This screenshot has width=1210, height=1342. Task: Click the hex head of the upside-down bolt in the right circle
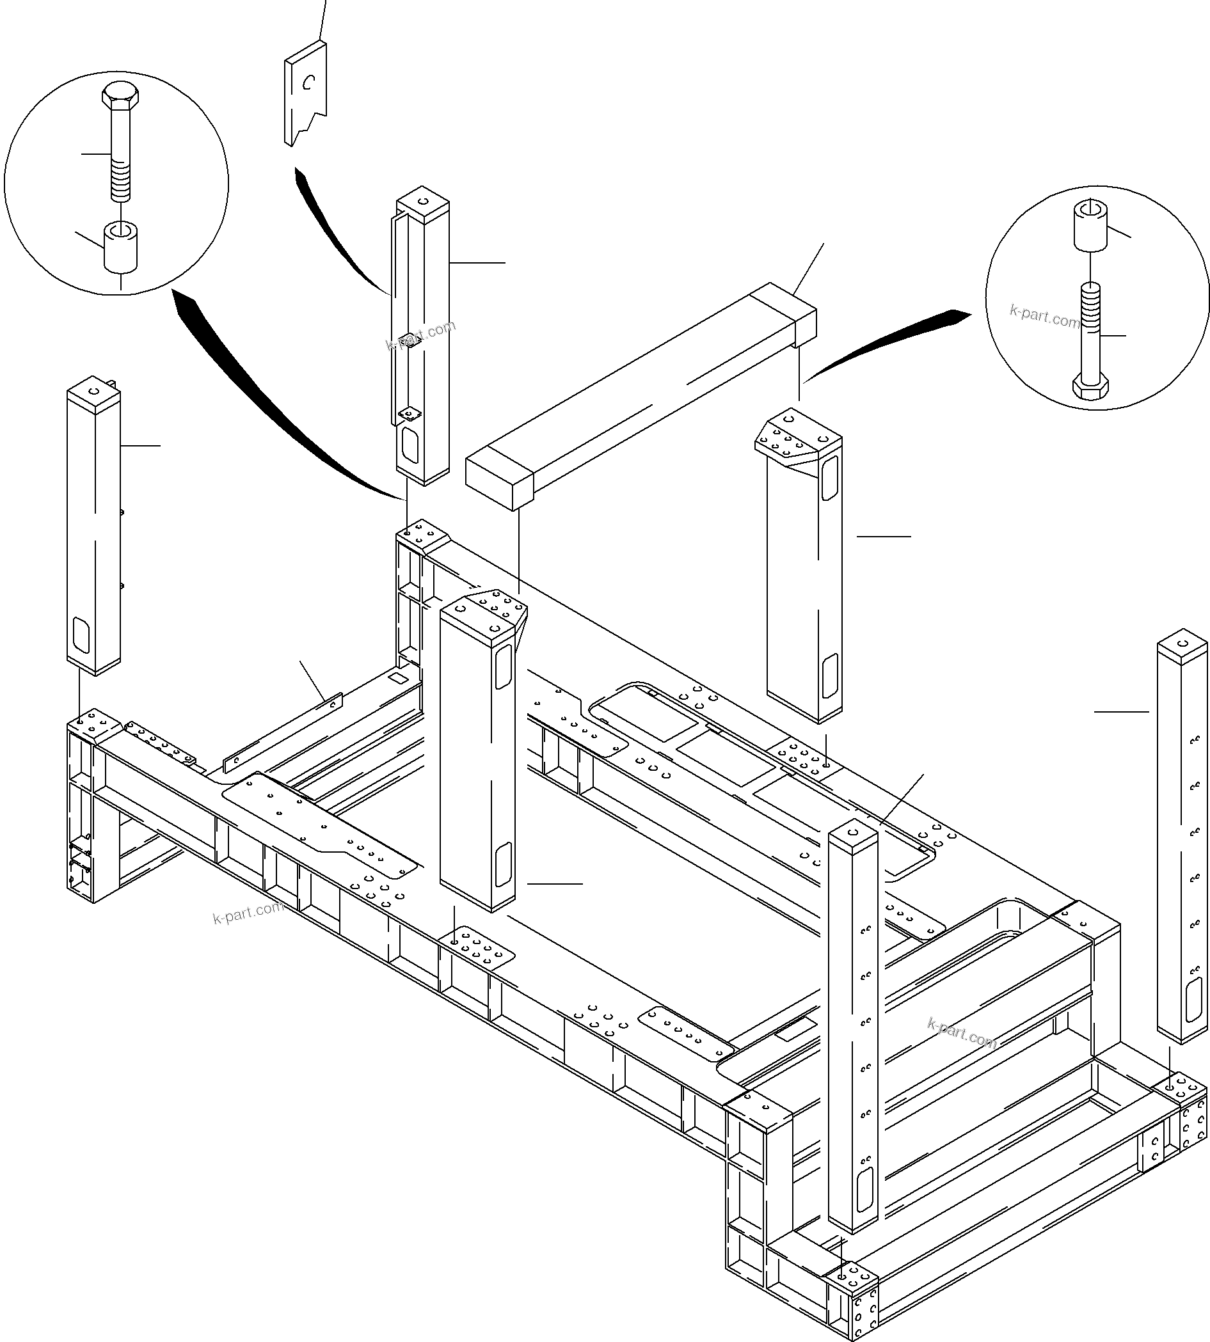(x=1090, y=388)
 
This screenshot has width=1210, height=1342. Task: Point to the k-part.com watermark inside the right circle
(x=1044, y=317)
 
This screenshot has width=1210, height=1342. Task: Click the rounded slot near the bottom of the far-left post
(x=81, y=635)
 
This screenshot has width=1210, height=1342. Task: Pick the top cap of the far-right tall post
(x=1182, y=643)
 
